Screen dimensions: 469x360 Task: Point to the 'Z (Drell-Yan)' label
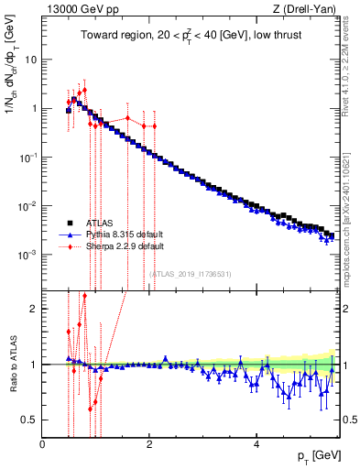tap(307, 10)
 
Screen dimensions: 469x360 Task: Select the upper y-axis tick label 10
tap(31, 60)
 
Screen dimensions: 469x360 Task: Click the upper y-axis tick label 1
tap(34, 108)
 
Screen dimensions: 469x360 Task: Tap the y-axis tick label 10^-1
tap(29, 157)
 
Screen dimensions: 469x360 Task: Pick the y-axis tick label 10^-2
tap(29, 206)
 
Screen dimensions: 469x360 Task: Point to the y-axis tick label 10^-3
tap(29, 255)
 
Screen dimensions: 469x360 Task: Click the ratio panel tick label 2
tap(34, 309)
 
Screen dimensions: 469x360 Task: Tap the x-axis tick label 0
tap(43, 444)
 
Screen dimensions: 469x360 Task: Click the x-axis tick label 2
tap(150, 444)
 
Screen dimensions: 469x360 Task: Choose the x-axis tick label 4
tap(257, 444)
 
